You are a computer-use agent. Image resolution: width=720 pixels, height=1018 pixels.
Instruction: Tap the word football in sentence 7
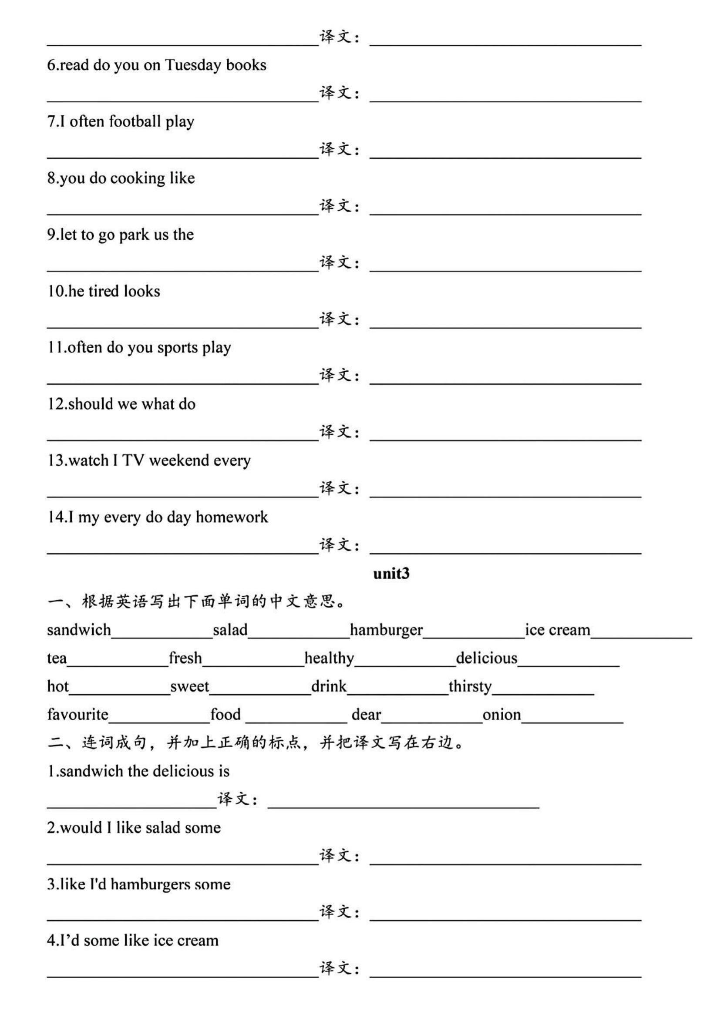click(x=135, y=121)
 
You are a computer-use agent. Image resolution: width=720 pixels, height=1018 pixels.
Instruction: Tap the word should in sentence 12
click(x=91, y=404)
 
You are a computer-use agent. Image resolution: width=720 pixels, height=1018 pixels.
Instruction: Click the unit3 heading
click(x=391, y=574)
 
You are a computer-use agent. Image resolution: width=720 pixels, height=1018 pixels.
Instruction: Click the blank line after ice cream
click(x=641, y=637)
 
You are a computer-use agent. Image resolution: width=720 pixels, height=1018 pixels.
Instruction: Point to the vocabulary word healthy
click(x=330, y=659)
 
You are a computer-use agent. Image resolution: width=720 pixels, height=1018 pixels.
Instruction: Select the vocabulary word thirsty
click(x=470, y=687)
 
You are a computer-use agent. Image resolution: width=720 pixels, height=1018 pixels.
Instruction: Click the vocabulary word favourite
click(x=77, y=715)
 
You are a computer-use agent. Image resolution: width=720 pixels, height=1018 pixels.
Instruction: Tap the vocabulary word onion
click(x=501, y=715)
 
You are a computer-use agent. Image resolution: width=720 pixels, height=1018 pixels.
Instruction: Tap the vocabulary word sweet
click(x=189, y=687)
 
